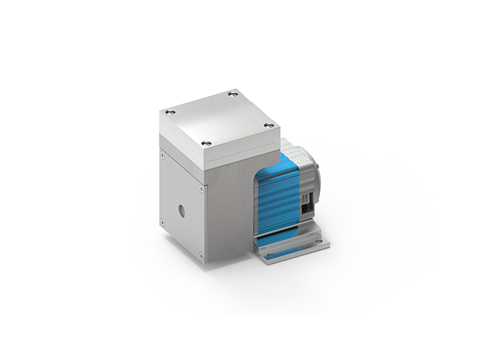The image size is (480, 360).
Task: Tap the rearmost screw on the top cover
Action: click(x=233, y=94)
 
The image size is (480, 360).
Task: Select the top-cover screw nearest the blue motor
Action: click(x=269, y=125)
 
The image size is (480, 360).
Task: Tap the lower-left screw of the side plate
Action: click(x=161, y=222)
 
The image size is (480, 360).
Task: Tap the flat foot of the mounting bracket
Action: click(x=297, y=249)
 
